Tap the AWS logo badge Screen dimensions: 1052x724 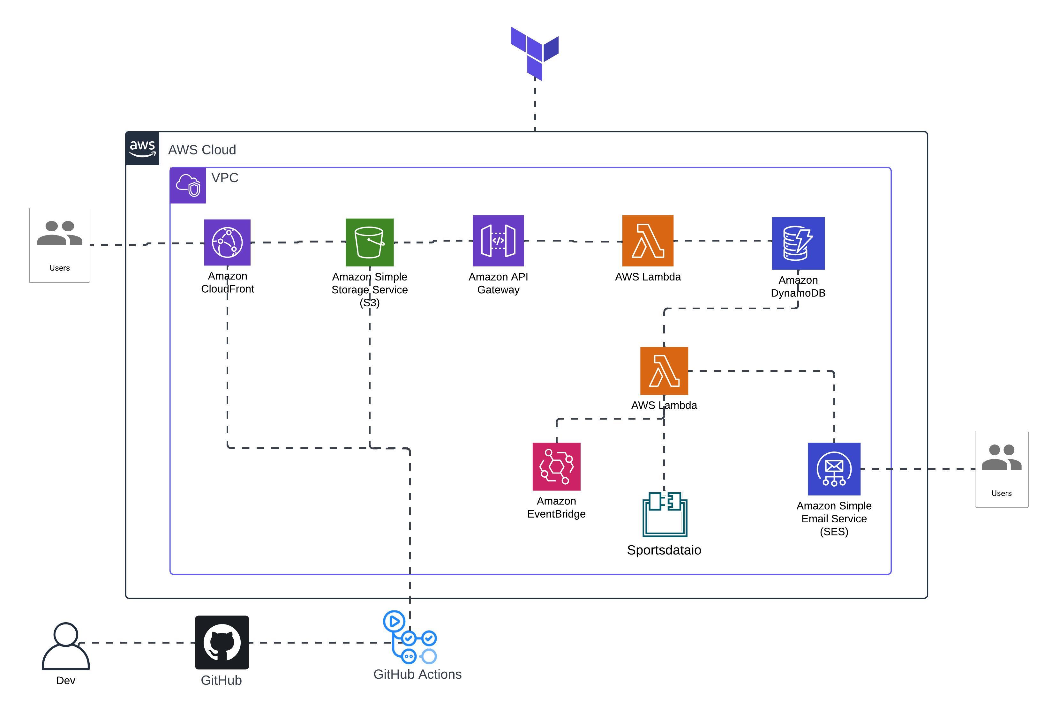coord(142,148)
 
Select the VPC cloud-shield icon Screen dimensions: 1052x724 coord(188,185)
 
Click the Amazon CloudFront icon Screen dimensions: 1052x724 coord(227,242)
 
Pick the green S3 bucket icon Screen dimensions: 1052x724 coord(370,242)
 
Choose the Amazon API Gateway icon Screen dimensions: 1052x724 coord(498,240)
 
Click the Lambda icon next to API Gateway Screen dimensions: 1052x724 coord(648,240)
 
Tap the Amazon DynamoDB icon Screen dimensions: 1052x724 coord(798,243)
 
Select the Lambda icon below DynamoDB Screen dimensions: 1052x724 coord(664,371)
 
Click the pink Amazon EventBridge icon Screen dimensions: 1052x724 coord(557,466)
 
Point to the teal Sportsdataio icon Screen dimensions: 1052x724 coord(665,514)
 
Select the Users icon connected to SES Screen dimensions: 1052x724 coord(1002,469)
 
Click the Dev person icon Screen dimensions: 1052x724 coord(66,646)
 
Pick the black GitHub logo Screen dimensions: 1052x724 coord(222,642)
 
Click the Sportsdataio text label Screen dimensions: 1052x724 coord(664,550)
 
